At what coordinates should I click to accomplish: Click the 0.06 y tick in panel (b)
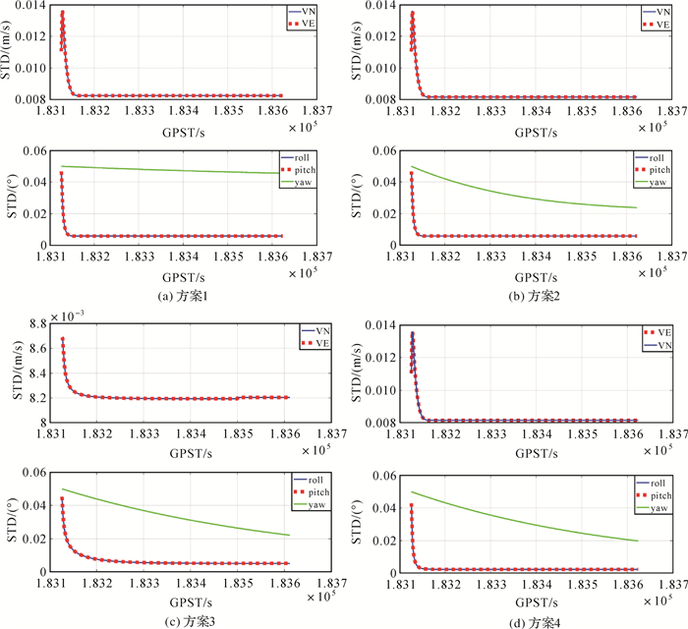tap(384, 149)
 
